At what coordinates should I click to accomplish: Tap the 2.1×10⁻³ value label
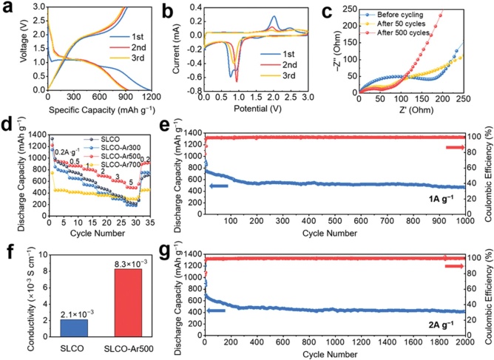pos(55,313)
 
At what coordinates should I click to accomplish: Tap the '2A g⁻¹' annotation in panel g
pos(453,325)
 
